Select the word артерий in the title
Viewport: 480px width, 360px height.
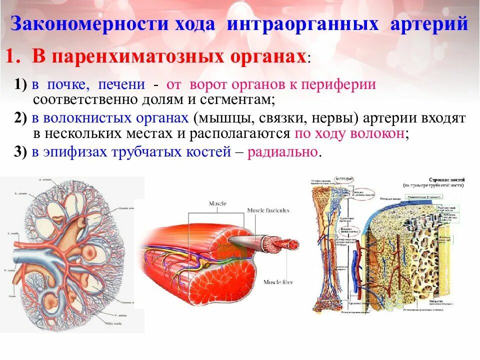click(429, 24)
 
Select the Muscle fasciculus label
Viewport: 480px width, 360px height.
click(268, 210)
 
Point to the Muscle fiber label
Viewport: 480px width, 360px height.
click(278, 282)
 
